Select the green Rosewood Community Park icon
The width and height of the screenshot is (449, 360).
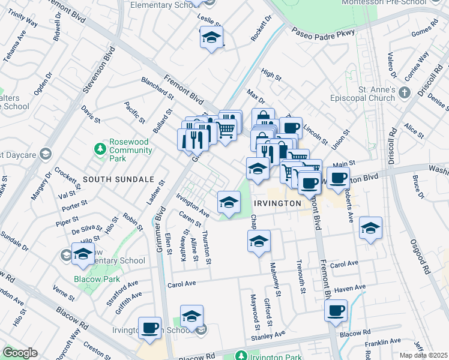(100, 148)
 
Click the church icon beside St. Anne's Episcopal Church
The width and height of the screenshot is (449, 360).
(405, 92)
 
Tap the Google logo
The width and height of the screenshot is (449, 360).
(20, 353)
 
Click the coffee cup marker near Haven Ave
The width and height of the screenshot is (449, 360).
(336, 311)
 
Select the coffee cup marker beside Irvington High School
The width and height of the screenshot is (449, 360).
(149, 328)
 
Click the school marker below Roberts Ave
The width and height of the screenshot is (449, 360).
(370, 229)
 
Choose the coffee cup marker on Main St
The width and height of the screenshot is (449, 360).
(339, 178)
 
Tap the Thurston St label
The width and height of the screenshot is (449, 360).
(207, 247)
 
